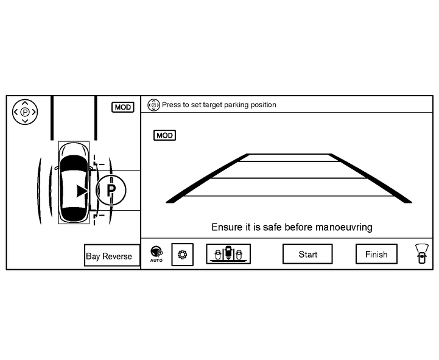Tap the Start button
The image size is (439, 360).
coord(307,254)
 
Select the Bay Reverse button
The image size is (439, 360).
coord(109,256)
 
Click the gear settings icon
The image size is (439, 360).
coord(181,254)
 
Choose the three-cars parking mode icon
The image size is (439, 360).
coord(228,253)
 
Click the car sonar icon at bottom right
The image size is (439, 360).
coord(420,253)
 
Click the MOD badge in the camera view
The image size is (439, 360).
coord(164,135)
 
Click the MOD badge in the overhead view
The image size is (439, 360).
coord(123,107)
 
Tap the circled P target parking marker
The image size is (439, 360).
coord(111,190)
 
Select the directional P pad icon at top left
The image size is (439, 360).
coord(25,112)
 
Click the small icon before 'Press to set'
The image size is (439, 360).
coord(153,105)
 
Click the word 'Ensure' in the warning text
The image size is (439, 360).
coord(226,227)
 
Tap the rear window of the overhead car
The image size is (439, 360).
coord(74,214)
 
